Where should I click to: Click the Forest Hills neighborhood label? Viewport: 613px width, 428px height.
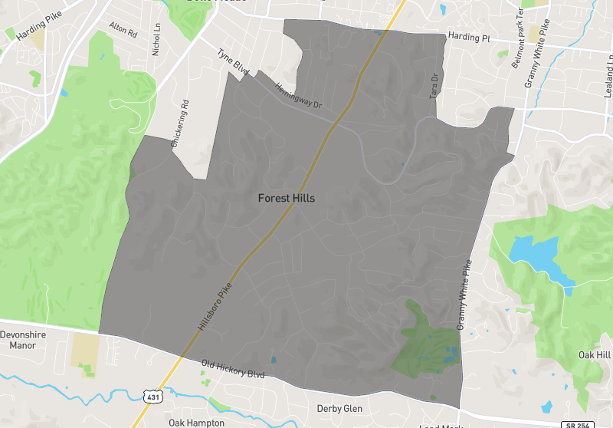286,198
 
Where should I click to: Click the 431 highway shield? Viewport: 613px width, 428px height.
152,395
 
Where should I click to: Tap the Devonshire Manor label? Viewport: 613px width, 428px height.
23,340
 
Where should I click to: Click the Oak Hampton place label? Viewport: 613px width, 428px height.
196,423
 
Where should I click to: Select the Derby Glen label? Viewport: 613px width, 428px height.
339,409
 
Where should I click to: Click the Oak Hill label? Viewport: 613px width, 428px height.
595,355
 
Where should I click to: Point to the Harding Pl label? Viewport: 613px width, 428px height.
469,37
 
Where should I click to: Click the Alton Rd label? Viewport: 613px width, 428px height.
123,31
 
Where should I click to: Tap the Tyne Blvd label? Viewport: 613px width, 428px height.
233,63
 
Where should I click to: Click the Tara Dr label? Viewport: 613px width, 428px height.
434,85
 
